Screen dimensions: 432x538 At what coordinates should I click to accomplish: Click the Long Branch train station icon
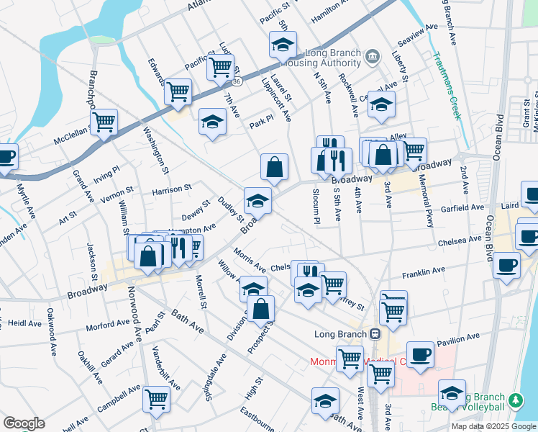coord(375,334)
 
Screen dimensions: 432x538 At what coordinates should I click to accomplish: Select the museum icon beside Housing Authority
coord(372,55)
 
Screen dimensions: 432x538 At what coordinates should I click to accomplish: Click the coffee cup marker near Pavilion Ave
coord(420,354)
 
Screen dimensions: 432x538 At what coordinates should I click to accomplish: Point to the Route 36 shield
coord(247,82)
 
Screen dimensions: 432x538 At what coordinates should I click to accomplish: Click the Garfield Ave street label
coord(462,207)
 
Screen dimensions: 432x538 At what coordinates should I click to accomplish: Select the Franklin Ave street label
coord(444,271)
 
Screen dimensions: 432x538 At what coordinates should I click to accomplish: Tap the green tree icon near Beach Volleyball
coord(514,400)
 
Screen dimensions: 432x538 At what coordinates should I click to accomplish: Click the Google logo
coord(24,423)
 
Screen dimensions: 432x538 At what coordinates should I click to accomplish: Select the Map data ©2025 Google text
coord(493,426)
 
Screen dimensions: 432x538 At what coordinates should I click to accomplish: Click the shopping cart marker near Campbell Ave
coord(156,399)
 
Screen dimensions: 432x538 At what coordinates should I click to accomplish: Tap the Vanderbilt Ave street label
coord(166,364)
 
